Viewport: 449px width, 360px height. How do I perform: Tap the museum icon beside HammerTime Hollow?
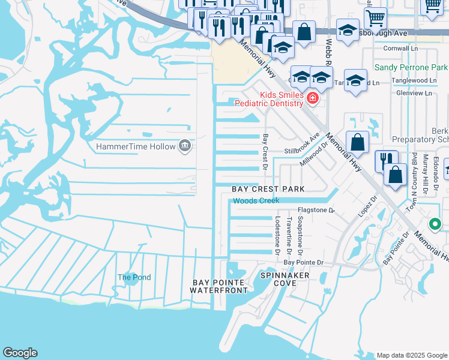185,146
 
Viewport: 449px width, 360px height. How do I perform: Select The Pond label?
134,277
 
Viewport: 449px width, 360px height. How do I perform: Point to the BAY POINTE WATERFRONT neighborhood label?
218,286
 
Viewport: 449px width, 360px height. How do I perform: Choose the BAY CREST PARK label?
268,189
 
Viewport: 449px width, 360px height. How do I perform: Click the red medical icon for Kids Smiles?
312,98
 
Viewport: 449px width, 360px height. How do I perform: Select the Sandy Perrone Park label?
411,68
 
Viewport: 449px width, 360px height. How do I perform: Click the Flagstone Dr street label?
316,211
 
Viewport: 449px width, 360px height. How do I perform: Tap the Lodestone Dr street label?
277,235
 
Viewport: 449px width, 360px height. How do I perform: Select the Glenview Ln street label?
414,93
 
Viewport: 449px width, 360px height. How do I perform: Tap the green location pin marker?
435,224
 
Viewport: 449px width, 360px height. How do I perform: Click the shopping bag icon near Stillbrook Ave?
358,143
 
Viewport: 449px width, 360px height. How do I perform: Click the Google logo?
20,353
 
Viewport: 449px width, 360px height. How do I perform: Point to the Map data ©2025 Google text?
411,355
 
